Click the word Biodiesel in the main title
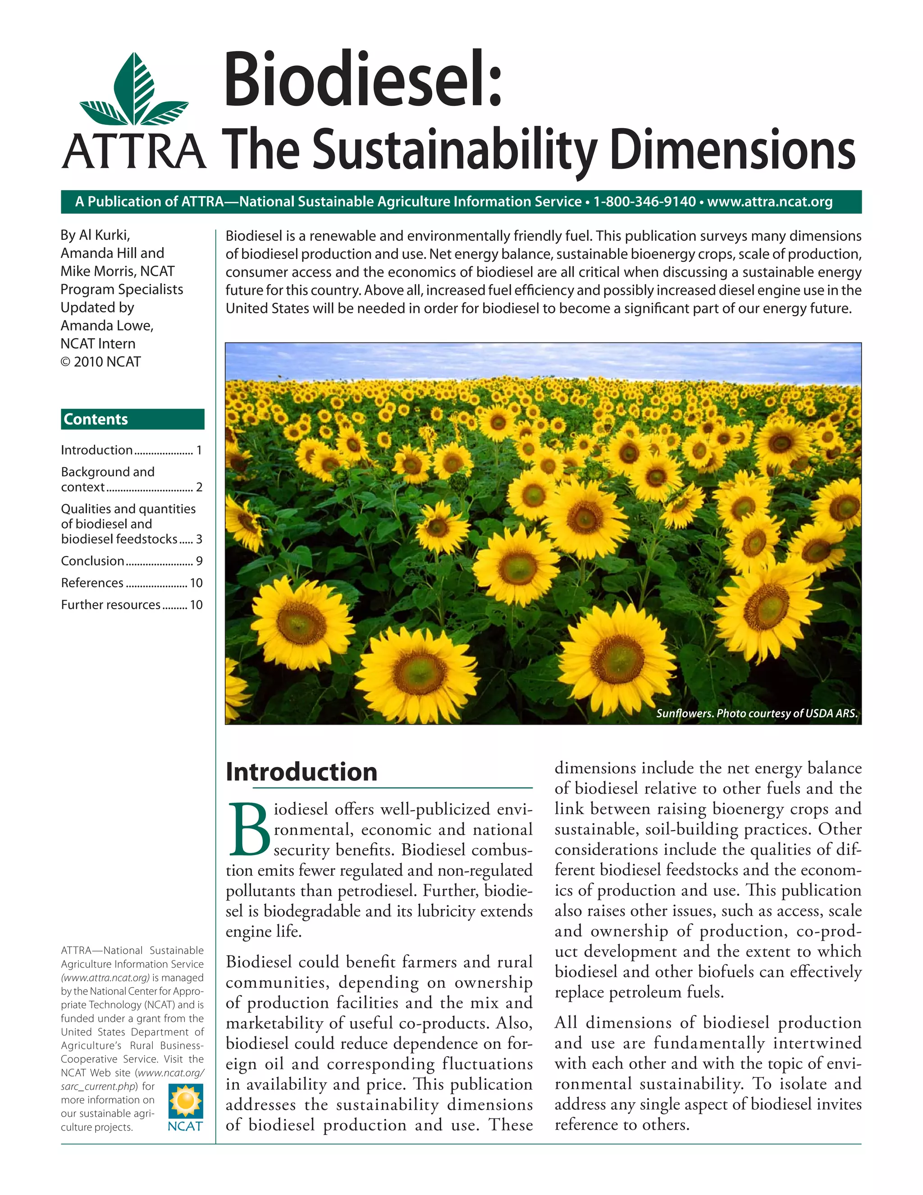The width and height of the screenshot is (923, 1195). pyautogui.click(x=362, y=79)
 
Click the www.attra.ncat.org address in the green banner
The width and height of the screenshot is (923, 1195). pyautogui.click(x=769, y=202)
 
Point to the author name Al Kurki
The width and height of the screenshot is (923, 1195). pyautogui.click(x=105, y=235)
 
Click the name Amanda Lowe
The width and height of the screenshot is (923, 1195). pyautogui.click(x=107, y=326)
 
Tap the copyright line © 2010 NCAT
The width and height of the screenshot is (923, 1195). pyautogui.click(x=101, y=362)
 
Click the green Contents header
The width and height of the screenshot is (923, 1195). pyautogui.click(x=133, y=419)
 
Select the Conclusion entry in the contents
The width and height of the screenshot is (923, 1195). pyautogui.click(x=93, y=561)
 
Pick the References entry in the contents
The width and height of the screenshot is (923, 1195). pyautogui.click(x=92, y=583)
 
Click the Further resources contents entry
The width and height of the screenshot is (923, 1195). pyautogui.click(x=111, y=605)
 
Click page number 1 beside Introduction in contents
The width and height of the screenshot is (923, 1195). pyautogui.click(x=200, y=450)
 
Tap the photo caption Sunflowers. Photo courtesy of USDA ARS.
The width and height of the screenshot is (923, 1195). pyautogui.click(x=756, y=713)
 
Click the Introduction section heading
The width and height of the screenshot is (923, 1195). pyautogui.click(x=302, y=772)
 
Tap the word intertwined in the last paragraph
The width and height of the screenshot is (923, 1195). pyautogui.click(x=817, y=1043)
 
